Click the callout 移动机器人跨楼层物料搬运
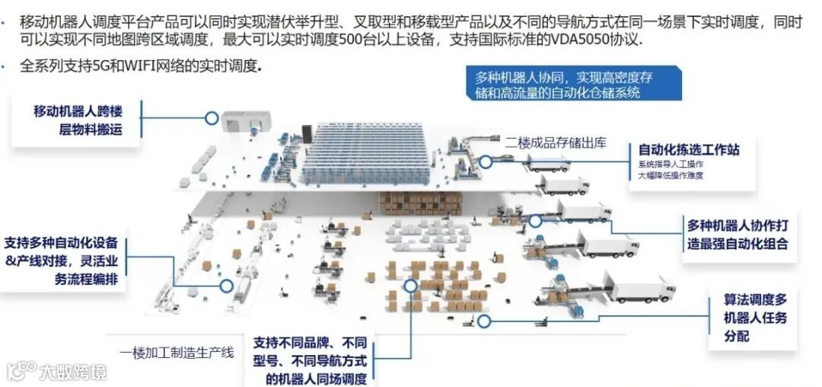78,120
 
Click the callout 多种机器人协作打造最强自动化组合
737,235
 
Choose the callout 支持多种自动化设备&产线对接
61,261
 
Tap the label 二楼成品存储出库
556,142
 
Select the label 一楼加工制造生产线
176,353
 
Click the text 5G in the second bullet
100,66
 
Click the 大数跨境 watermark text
72,372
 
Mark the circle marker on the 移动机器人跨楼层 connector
212,118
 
